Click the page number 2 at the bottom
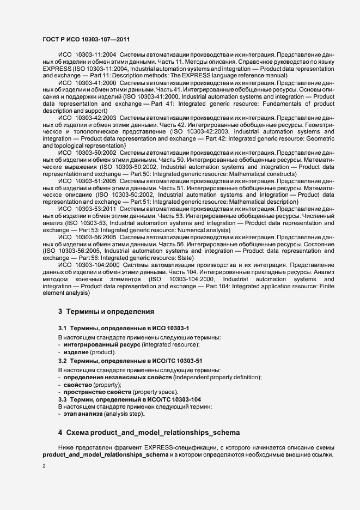(44, 466)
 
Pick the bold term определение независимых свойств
(118, 377)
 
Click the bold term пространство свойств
(96, 392)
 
